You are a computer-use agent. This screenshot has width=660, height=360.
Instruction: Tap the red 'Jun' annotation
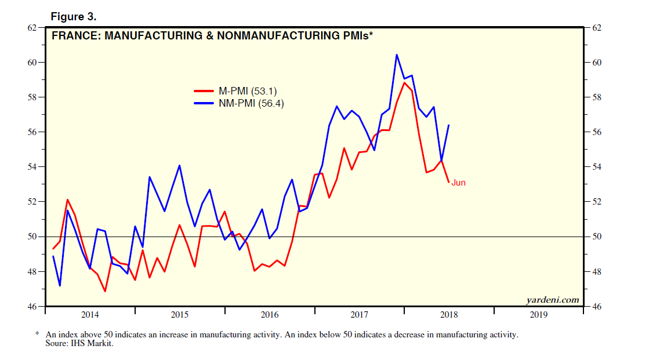458,183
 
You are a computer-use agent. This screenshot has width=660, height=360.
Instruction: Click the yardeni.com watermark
552,300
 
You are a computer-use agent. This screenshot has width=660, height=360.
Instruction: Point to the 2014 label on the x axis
90,315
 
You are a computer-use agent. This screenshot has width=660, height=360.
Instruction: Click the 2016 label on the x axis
270,315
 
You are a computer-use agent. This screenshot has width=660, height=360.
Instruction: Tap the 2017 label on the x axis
360,315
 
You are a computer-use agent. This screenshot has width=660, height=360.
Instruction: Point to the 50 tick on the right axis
597,237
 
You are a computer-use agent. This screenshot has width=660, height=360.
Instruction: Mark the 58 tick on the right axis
597,97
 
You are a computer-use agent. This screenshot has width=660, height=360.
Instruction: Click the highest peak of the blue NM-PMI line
397,54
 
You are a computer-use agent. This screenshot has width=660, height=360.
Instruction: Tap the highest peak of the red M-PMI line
404,82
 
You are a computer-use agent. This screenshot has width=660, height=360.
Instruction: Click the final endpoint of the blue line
449,125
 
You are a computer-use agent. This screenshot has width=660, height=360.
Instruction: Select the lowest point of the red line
105,291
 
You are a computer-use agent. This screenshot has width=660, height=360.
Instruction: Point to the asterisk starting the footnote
37,334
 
